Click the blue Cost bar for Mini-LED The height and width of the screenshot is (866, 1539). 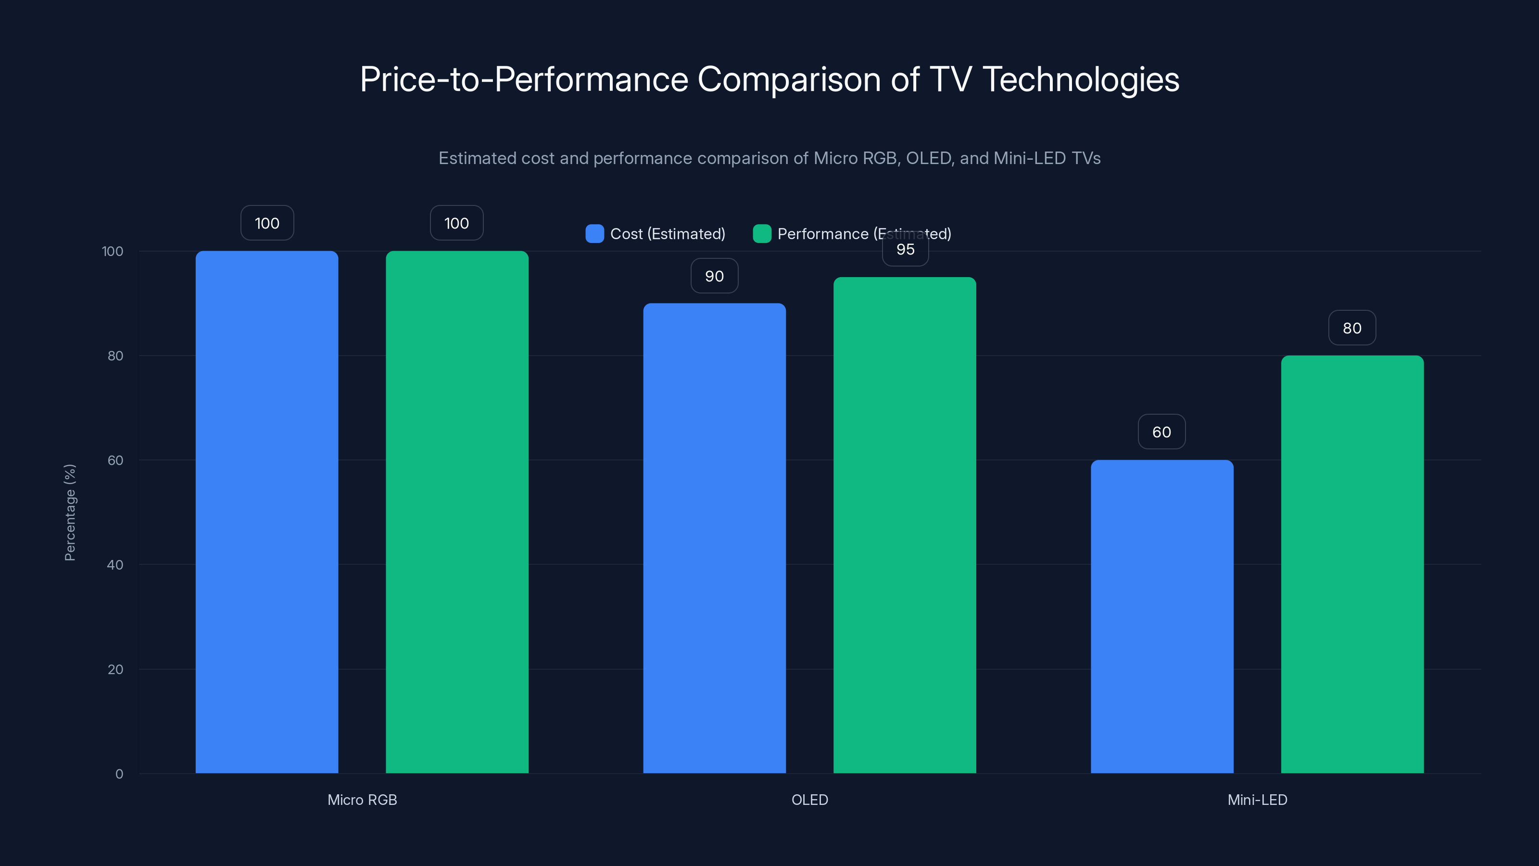coord(1161,616)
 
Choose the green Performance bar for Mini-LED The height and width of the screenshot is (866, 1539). coord(1352,564)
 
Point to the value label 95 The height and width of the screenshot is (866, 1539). coord(905,250)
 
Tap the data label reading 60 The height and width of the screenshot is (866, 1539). coord(1161,432)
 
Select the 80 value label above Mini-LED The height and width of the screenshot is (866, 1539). coord(1352,328)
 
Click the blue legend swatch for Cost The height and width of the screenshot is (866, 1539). coord(594,234)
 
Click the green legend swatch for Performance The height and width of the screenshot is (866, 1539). coord(762,234)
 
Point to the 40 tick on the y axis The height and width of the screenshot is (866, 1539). coord(115,565)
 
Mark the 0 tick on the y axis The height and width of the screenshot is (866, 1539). coord(119,774)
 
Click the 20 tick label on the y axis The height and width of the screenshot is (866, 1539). coord(115,669)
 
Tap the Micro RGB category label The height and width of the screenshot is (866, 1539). coord(362,800)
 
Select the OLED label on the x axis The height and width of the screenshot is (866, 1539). coord(809,800)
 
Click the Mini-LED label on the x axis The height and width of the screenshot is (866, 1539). coord(1257,800)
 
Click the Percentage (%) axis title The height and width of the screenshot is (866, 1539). coord(70,512)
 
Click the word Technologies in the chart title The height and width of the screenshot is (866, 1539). coord(1080,79)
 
